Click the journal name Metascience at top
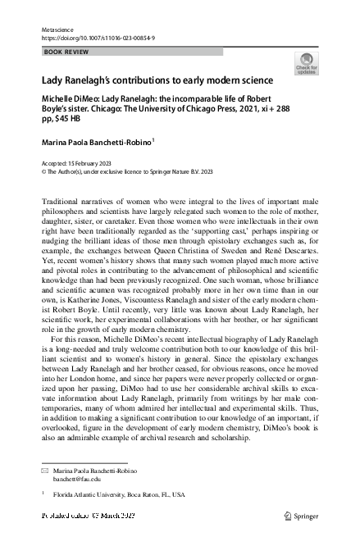pos(56,29)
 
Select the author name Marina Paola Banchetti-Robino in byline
pos(95,142)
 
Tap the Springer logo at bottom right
pos(302,515)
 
